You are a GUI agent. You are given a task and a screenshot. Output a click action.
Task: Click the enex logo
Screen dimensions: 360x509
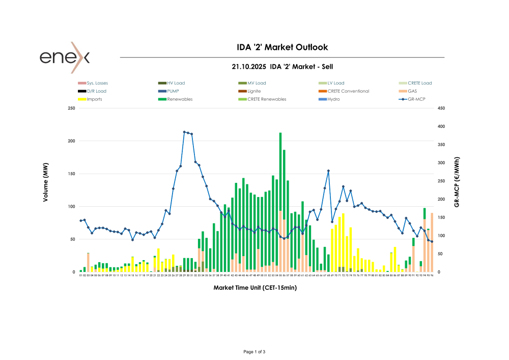click(x=65, y=57)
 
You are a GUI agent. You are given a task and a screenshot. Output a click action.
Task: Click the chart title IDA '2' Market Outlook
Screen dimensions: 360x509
click(x=282, y=47)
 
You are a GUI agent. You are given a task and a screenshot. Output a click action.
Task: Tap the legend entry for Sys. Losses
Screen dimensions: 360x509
click(x=97, y=83)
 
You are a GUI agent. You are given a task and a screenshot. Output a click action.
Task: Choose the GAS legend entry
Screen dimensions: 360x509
click(x=412, y=91)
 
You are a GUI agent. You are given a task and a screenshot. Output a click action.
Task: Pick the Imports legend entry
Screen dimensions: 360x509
click(x=94, y=99)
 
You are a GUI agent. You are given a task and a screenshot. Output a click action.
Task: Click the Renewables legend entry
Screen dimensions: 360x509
click(x=180, y=99)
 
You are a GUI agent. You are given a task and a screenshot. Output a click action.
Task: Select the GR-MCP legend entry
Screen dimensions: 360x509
click(x=417, y=99)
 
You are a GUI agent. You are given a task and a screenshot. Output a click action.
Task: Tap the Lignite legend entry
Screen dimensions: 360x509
click(x=254, y=91)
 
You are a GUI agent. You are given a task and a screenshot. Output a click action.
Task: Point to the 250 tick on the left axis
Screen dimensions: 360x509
click(x=72, y=108)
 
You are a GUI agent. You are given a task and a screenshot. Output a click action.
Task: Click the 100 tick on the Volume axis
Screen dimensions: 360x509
click(x=72, y=206)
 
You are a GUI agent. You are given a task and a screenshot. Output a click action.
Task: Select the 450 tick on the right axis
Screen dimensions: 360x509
click(x=441, y=108)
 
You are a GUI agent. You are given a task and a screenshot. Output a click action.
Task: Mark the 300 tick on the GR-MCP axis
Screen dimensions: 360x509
click(x=441, y=163)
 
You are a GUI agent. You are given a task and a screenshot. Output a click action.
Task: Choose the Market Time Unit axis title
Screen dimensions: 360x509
click(x=255, y=288)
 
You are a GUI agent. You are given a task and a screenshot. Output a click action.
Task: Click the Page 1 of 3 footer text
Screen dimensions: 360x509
click(x=254, y=352)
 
